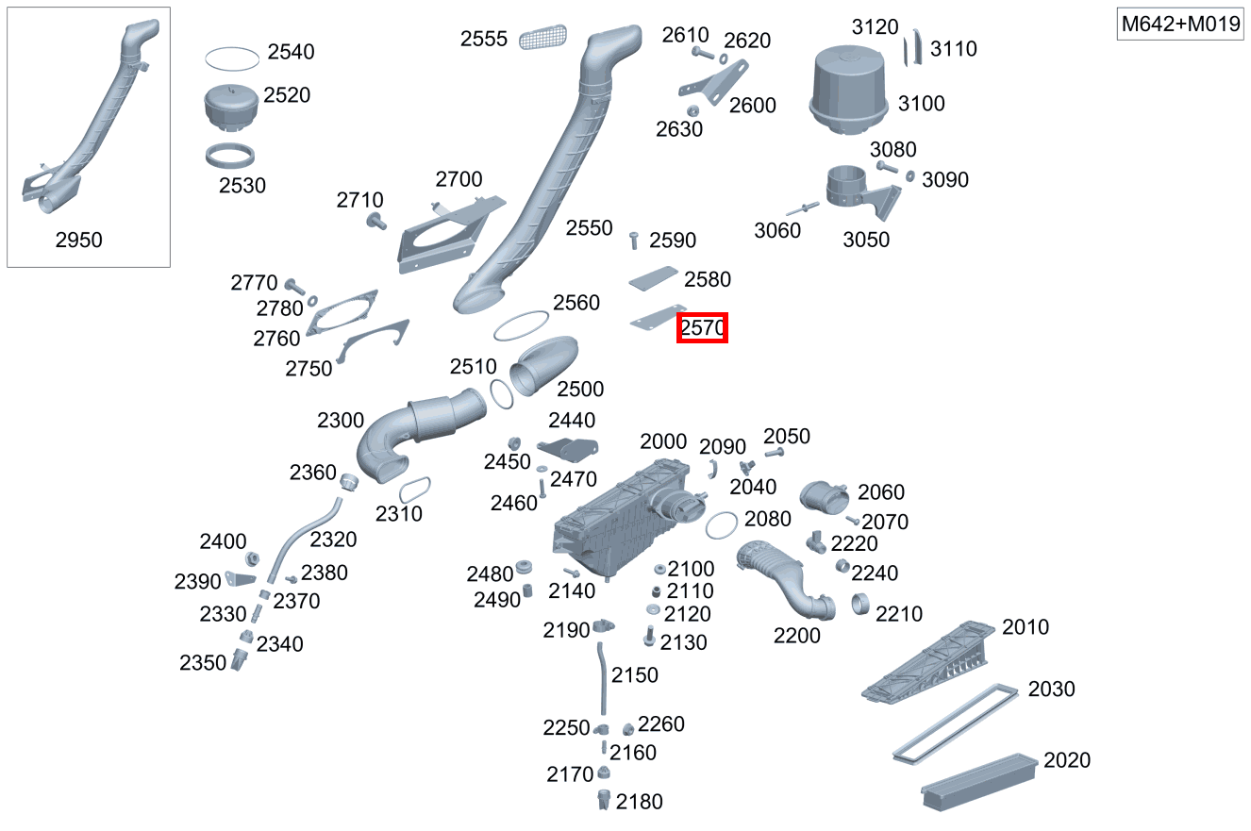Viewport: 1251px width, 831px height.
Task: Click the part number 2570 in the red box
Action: [x=702, y=328]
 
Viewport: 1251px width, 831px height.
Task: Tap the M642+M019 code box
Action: [x=1180, y=24]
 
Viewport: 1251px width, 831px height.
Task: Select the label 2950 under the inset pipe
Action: [x=78, y=241]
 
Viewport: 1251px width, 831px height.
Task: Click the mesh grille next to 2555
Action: [x=542, y=37]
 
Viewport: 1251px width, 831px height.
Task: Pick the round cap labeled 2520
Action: [x=232, y=108]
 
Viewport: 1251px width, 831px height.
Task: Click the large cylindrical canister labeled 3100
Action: [x=848, y=91]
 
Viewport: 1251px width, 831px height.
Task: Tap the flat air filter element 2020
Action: [x=979, y=781]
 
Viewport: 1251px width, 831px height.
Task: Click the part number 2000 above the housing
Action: [x=663, y=441]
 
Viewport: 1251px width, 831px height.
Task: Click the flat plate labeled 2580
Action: [x=653, y=278]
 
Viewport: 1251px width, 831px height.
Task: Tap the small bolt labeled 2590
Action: [x=634, y=241]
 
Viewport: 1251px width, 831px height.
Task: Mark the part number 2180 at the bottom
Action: [x=639, y=802]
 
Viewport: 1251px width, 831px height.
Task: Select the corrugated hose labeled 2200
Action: [x=785, y=581]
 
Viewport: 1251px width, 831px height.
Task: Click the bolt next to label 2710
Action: [x=375, y=222]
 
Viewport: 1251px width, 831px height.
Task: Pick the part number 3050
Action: [x=866, y=240]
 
